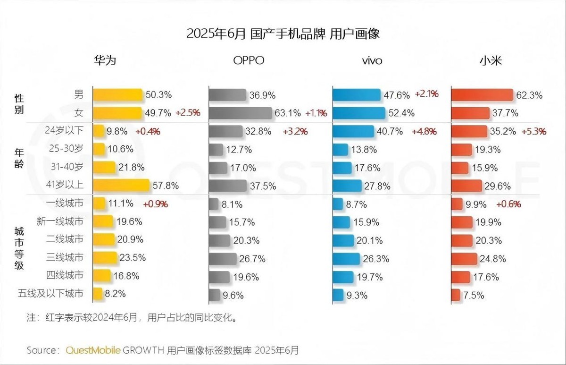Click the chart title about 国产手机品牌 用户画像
point(283,34)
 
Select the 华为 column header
point(104,61)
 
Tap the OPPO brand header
point(249,61)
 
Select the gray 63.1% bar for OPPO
point(241,113)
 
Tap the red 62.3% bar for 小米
point(482,95)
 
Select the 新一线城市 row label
point(60,221)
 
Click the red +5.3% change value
point(533,132)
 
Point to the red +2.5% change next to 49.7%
point(188,113)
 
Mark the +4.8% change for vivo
point(424,132)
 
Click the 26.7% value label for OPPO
point(253,258)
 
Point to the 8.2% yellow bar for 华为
point(98,294)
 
